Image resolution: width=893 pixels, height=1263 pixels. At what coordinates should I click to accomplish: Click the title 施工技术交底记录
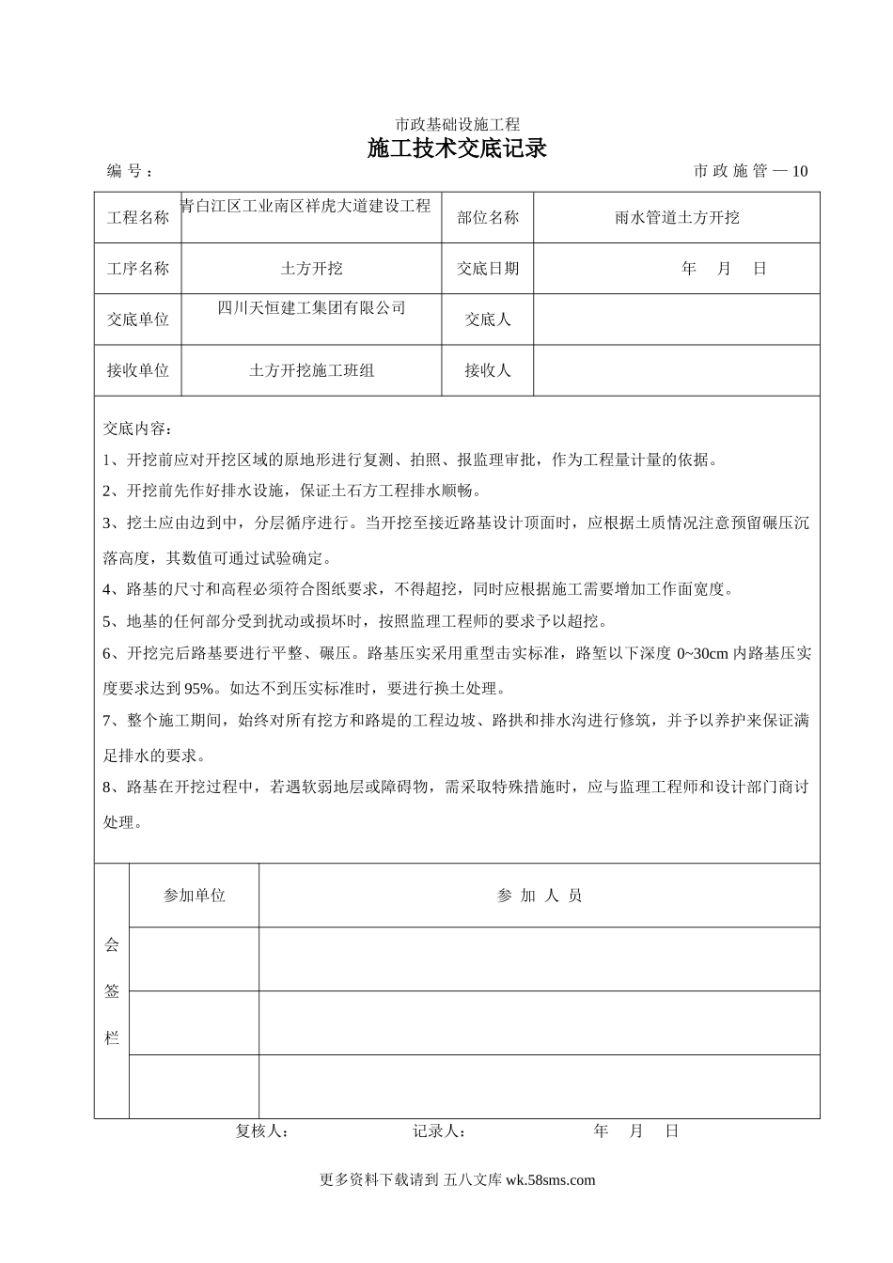coord(457,148)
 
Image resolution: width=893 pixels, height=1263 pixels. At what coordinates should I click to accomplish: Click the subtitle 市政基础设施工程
coord(457,124)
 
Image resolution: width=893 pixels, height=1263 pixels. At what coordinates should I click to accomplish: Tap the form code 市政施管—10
coord(750,171)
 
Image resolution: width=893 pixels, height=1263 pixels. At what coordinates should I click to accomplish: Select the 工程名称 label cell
coord(138,218)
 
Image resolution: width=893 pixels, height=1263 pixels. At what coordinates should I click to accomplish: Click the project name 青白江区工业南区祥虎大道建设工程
coord(305,206)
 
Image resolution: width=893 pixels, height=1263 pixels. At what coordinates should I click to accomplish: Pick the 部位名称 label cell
coord(488,218)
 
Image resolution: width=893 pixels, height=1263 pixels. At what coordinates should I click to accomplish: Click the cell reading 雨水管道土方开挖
coord(677,218)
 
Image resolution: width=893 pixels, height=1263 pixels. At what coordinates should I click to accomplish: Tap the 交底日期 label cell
coord(488,269)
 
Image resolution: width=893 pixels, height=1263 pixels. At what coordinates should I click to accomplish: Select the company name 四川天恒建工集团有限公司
coord(311,307)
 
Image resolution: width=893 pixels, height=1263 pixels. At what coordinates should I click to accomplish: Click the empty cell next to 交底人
coord(677,320)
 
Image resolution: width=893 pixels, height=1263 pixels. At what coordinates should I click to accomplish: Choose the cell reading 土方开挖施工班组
coord(311,371)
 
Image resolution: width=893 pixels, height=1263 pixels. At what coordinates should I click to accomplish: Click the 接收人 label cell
coord(488,371)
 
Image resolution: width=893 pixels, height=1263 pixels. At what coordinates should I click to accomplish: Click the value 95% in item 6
coord(199,688)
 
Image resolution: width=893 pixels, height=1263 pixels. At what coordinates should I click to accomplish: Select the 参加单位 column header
coord(195,896)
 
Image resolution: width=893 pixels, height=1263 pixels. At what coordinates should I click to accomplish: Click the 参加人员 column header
coord(540,896)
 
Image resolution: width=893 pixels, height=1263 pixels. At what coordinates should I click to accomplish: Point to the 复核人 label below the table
coord(261,1131)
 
